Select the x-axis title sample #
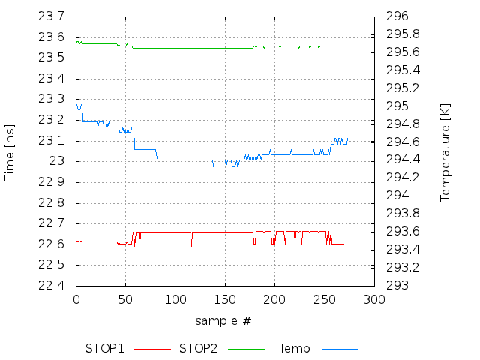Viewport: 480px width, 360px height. [223, 321]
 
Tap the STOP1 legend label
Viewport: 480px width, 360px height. [104, 349]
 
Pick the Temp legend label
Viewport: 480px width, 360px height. [294, 349]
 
